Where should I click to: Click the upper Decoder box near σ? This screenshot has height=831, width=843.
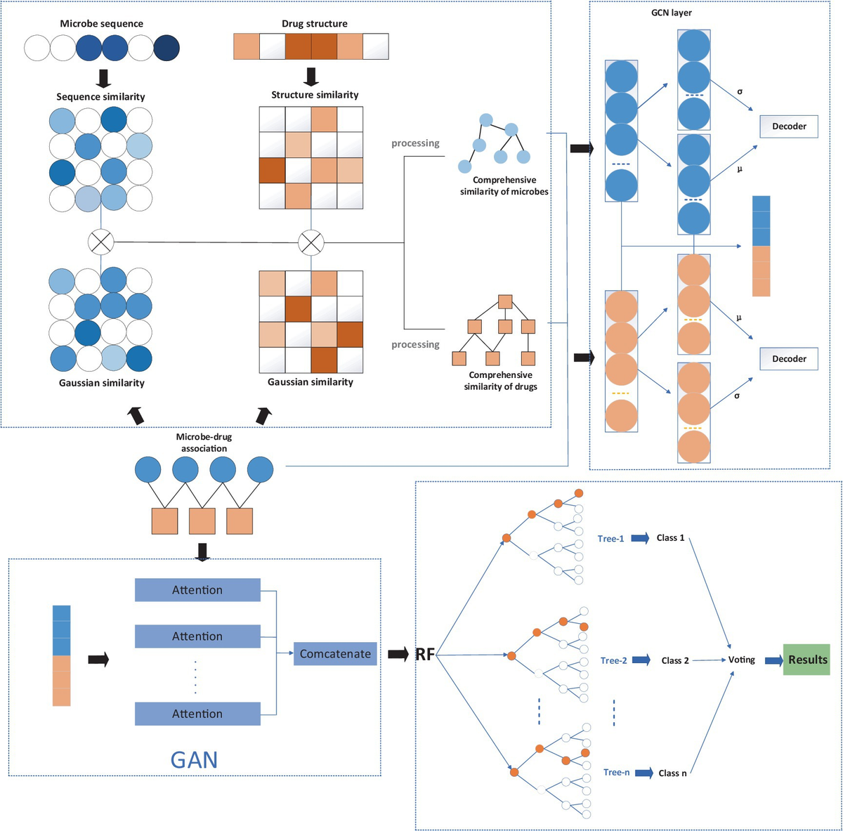[789, 126]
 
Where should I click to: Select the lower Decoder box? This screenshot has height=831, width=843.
[789, 359]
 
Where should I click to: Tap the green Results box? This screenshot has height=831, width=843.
[806, 660]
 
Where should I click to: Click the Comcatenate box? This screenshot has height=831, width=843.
[335, 654]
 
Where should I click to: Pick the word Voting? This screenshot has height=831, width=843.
[741, 660]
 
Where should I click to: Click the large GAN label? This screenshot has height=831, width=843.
[194, 759]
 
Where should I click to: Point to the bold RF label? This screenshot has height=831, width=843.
[424, 655]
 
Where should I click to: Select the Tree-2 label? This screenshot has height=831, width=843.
[613, 660]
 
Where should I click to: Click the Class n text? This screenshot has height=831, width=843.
[672, 773]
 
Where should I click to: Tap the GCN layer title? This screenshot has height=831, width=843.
[671, 13]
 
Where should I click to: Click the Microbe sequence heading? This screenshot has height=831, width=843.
[101, 24]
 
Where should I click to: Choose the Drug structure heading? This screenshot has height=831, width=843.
[314, 24]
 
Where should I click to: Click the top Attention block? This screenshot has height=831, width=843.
[197, 590]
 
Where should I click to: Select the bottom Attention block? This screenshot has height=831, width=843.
[197, 714]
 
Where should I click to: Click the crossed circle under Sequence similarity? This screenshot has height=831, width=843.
[100, 242]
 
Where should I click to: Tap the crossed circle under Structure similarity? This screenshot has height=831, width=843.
[311, 243]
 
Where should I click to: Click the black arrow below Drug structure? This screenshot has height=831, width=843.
[311, 76]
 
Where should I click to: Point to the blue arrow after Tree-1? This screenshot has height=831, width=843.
[639, 538]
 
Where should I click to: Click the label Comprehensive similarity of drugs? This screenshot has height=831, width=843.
[500, 381]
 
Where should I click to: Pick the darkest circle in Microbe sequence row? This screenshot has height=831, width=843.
[166, 48]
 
